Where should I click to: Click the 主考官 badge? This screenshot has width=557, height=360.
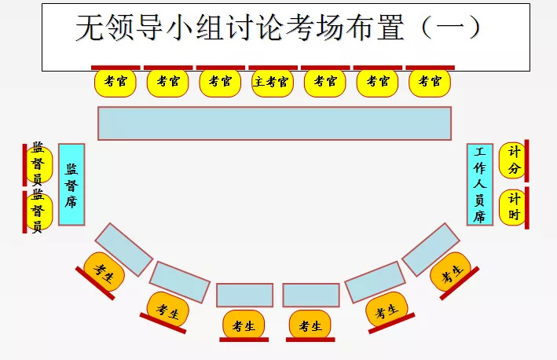272,82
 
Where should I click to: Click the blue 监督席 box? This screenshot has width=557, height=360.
71,185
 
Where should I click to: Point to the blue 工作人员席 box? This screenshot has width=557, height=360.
480,185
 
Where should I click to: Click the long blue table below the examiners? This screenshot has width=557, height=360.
274,123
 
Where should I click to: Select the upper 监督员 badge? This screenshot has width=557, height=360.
38,163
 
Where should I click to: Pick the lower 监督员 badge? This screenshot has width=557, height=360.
38,211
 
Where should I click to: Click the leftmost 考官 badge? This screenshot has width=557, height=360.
115,82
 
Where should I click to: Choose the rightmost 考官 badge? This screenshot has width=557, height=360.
430,82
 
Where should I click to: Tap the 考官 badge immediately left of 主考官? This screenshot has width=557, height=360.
220,82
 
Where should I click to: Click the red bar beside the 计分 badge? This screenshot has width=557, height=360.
526,160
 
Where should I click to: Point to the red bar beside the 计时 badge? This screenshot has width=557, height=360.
526,208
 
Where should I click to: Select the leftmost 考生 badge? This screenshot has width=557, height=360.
104,271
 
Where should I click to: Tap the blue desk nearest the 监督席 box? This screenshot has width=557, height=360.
124,249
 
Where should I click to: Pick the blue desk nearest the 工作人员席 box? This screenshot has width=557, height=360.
430,248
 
